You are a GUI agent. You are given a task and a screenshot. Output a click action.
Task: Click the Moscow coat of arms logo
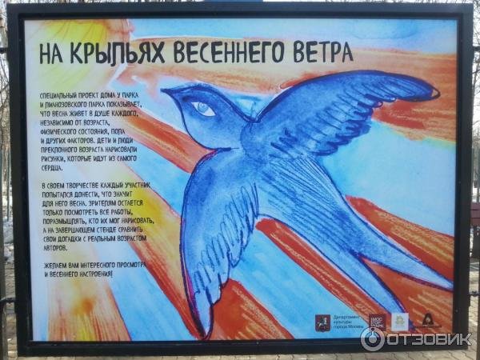point(320,322)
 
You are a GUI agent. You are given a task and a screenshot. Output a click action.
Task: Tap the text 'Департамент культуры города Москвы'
point(345,322)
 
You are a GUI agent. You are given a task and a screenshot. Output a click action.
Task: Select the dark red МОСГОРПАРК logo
point(377,322)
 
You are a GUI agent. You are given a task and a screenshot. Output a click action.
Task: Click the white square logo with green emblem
point(399,321)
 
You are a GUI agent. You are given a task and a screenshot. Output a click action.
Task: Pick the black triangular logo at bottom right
point(428,321)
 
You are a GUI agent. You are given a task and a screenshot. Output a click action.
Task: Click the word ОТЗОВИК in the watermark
point(429,338)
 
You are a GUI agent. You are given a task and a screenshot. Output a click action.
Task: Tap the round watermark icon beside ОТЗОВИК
point(372,338)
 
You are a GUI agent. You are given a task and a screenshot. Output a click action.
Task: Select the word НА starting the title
point(54,53)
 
